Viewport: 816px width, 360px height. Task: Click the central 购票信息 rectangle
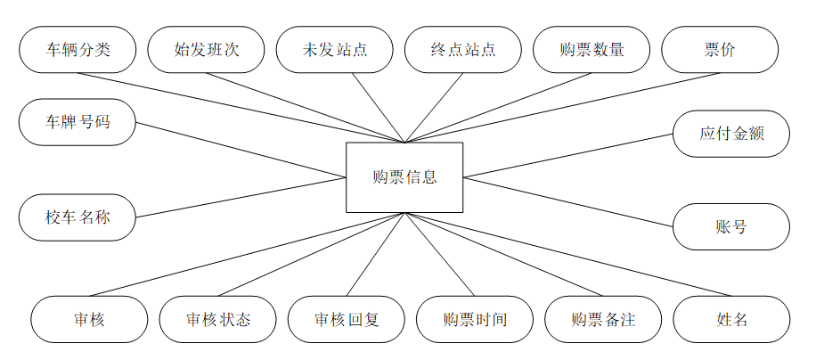(404, 176)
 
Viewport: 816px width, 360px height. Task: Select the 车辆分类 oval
(78, 49)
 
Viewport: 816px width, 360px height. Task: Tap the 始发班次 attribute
(206, 49)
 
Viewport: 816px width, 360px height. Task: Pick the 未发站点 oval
(334, 49)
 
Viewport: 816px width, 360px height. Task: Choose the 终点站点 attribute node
(462, 49)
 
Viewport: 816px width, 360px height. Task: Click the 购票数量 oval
(592, 49)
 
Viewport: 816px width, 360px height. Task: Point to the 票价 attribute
(720, 49)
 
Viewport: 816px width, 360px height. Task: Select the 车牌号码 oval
(78, 122)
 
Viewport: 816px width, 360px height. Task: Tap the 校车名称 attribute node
(78, 217)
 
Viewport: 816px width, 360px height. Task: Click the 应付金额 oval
(731, 134)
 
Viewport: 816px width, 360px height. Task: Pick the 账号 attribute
(731, 226)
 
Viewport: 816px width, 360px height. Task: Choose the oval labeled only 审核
(89, 319)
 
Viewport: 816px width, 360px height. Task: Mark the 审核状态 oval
(218, 319)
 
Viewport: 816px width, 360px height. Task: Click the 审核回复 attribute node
(347, 319)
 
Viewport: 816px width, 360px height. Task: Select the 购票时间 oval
(475, 319)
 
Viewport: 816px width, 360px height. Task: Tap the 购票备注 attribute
(603, 319)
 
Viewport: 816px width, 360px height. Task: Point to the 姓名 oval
(731, 319)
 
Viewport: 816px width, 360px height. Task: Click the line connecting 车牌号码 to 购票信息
(241, 149)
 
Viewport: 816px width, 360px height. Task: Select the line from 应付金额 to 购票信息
(568, 155)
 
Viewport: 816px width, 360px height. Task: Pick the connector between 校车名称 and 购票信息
(241, 196)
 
